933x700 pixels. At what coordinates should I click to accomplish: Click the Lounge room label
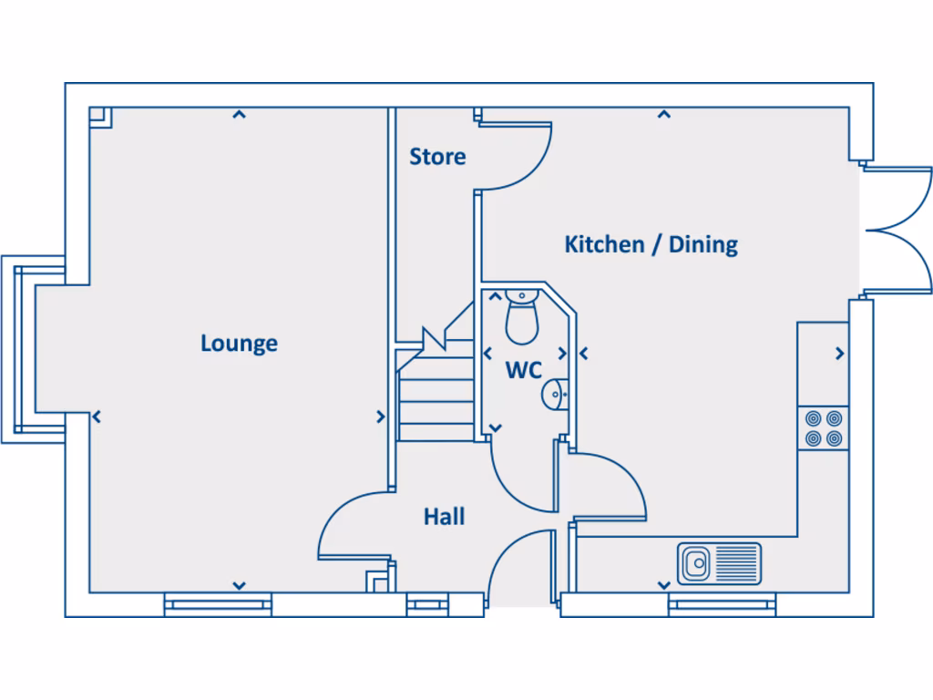coord(239,344)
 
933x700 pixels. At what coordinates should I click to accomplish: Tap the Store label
coord(437,157)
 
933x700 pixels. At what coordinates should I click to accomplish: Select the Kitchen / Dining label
coord(651,244)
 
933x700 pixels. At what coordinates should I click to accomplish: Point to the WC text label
coord(524,371)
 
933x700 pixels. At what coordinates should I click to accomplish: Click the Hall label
coord(444,517)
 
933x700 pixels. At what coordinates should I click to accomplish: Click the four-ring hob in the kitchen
coord(822,428)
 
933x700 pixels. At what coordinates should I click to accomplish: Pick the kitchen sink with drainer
coord(719,563)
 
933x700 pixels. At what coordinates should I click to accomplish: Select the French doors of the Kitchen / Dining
coord(897,231)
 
